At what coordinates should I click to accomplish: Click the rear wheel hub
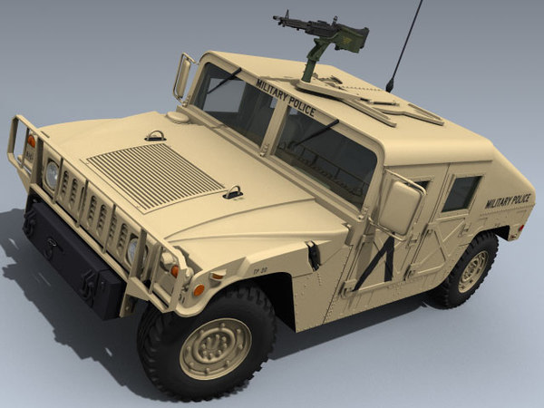pos(472,271)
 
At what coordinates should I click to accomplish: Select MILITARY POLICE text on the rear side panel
pos(508,201)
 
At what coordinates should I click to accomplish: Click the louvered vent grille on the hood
pos(154,173)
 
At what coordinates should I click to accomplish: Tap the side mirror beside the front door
pos(399,207)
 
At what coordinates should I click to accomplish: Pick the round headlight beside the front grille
pos(52,173)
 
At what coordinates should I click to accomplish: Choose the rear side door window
pos(461,193)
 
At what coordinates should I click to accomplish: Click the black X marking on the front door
pos(377,259)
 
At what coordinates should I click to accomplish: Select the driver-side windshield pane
pos(325,154)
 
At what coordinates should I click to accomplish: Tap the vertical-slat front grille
pos(96,218)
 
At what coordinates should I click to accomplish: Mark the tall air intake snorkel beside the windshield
pos(185,76)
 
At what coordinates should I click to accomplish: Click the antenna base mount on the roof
pos(390,87)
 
